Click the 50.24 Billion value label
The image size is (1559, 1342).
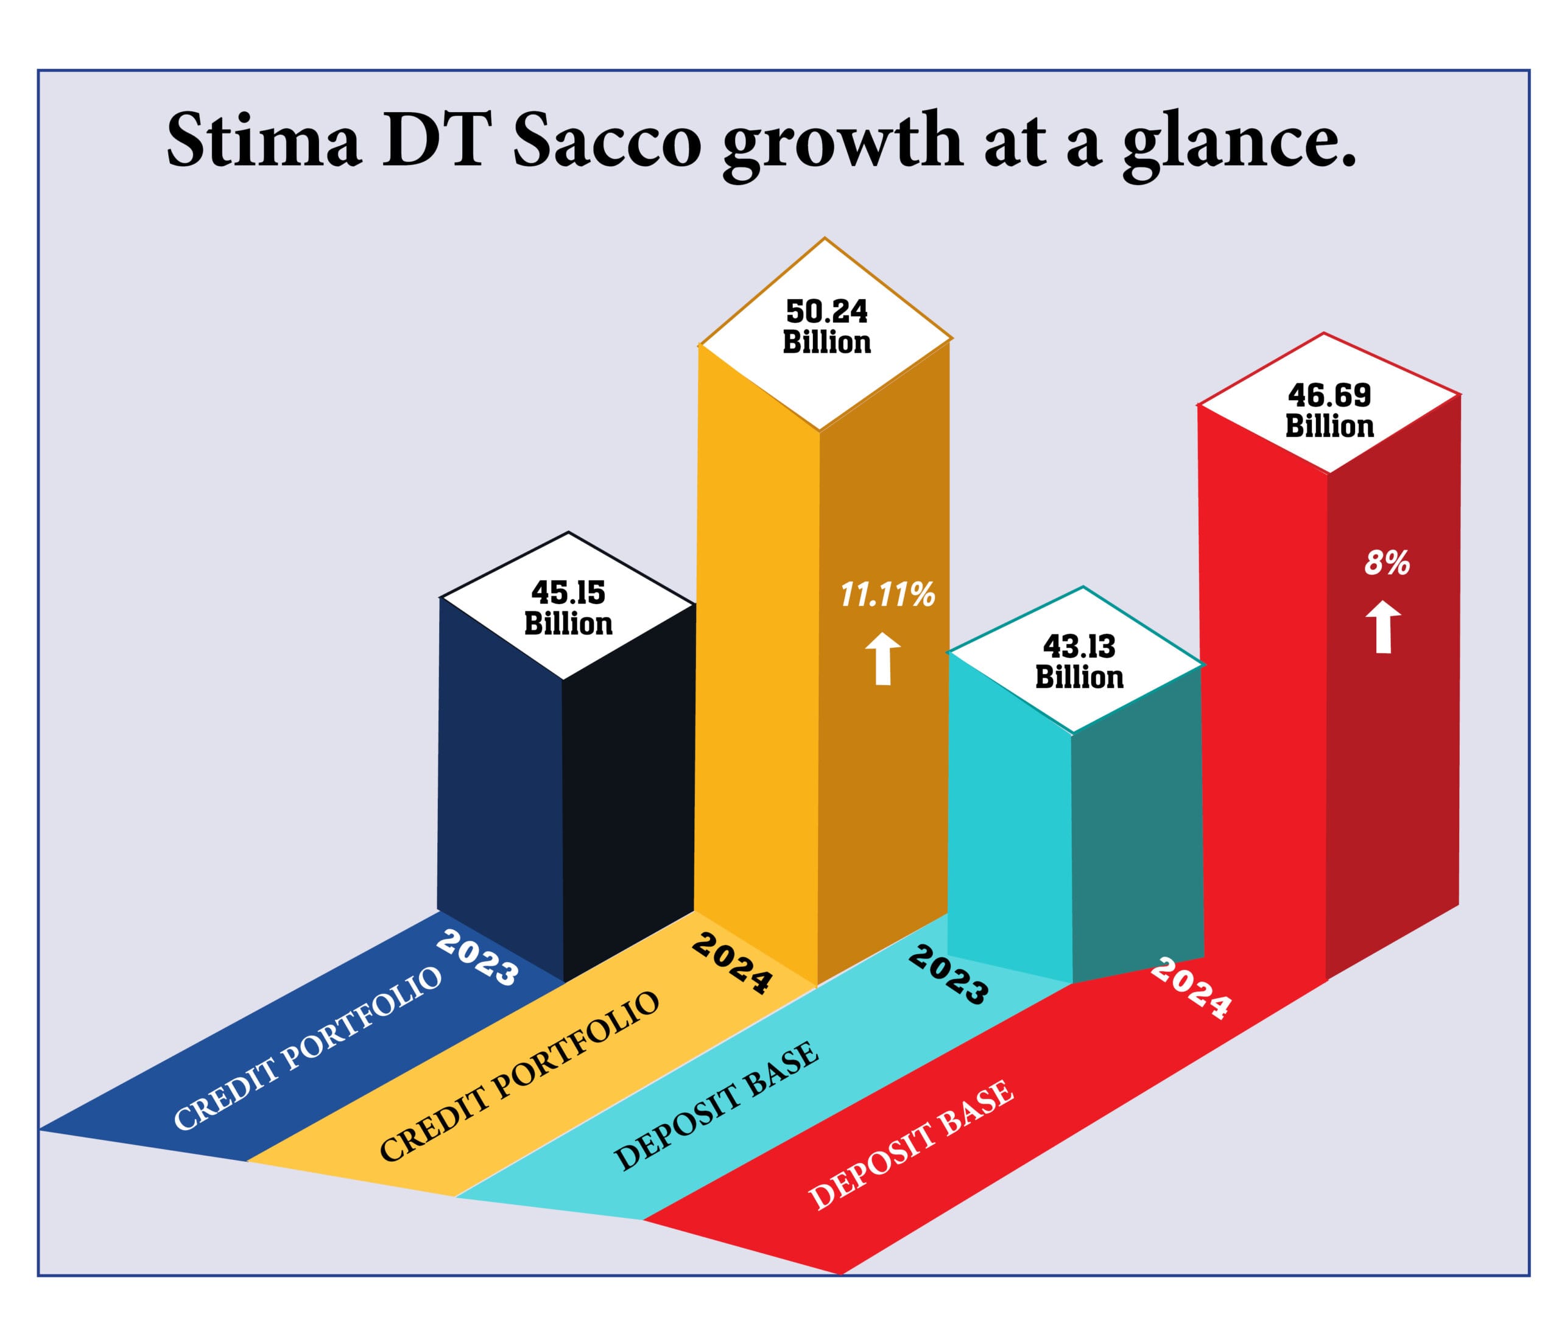click(x=826, y=327)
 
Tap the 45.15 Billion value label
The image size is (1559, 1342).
click(x=568, y=608)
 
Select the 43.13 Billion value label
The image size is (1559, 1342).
click(x=1079, y=662)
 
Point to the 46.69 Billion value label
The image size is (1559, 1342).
click(x=1329, y=411)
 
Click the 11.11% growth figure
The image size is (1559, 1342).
click(x=887, y=595)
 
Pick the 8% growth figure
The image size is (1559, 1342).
click(x=1387, y=563)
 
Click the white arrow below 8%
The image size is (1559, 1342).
click(x=1383, y=627)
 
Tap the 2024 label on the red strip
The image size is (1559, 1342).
click(x=1191, y=988)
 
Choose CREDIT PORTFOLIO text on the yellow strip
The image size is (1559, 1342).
click(x=519, y=1077)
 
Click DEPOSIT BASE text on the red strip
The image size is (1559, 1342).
click(x=911, y=1145)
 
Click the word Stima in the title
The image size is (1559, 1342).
click(x=263, y=141)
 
